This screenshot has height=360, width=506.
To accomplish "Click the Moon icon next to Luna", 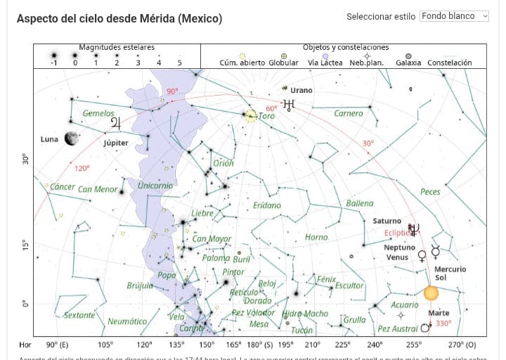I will coord(71,139).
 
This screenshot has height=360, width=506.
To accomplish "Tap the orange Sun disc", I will coord(431,292).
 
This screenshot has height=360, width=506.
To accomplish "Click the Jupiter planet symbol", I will coord(115,124).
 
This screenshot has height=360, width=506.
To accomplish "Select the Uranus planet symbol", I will coord(288,105).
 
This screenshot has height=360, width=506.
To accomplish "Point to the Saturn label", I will coord(387,221).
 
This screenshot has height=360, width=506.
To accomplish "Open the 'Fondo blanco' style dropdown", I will coord(453,16).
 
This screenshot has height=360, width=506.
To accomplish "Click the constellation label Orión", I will coord(223,163).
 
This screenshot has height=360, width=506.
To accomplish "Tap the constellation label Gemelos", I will coord(98,113).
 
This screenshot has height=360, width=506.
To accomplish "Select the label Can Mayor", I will coord(212,239).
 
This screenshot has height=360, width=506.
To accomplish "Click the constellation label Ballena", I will coord(360,204).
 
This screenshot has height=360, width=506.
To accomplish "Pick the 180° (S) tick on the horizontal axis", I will coord(259,345).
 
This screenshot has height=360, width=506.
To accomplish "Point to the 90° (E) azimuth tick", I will coord(57,345).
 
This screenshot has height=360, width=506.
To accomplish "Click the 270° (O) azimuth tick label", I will coord(462,345).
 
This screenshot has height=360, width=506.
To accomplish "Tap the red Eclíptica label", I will coord(399,232).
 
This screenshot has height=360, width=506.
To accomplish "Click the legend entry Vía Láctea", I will coord(324,63).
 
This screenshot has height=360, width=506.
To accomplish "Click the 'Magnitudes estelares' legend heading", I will coord(117,47).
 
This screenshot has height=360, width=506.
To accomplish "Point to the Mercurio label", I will coord(450,269).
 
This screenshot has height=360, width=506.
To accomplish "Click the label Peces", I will coord(430,192).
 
